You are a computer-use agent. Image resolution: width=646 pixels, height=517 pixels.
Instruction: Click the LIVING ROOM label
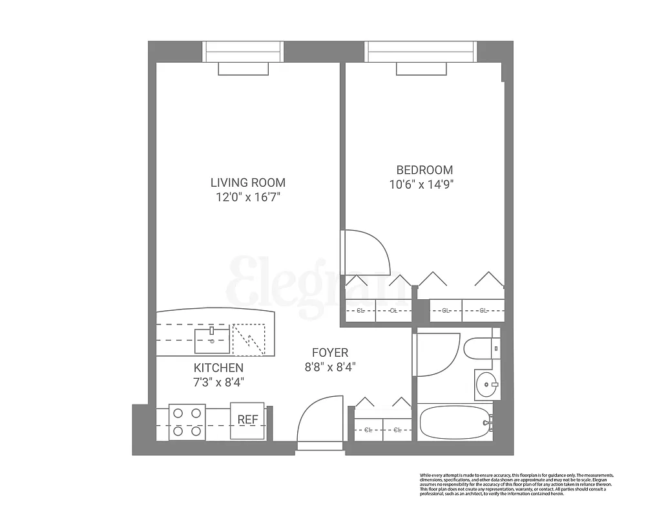coord(248,183)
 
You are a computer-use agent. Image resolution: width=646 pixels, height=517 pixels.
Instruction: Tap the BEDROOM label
coord(424,170)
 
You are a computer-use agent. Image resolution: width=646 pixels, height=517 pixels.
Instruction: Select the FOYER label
coord(330,353)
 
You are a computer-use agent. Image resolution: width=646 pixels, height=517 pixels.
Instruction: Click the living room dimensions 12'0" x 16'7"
coord(248,198)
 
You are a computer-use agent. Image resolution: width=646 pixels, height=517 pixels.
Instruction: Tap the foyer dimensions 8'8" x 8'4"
coord(330,367)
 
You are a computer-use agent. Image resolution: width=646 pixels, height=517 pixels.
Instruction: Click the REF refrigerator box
coord(247,421)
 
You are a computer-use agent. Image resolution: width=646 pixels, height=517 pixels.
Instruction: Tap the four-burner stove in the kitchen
coord(187,422)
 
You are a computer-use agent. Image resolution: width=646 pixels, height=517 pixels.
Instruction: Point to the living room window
coord(243,52)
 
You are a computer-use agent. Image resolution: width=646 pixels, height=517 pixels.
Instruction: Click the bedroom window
coord(421,52)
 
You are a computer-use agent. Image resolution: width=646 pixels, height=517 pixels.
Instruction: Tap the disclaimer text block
coord(516,485)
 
